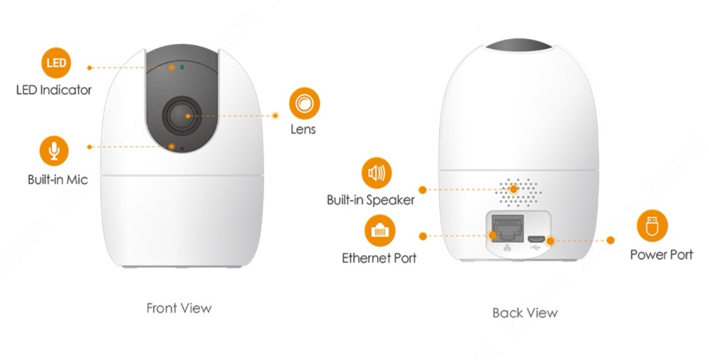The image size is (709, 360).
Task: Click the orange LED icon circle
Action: click(x=57, y=63)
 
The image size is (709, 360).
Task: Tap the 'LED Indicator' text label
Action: click(x=54, y=90)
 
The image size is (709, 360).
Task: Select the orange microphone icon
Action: click(x=54, y=151)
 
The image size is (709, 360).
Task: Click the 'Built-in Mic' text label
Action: click(x=57, y=180)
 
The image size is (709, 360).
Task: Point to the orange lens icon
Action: click(x=304, y=103)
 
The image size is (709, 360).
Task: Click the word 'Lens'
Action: click(x=303, y=130)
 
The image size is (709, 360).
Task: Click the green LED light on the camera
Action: click(x=182, y=67)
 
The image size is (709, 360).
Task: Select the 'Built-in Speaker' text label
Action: click(x=370, y=200)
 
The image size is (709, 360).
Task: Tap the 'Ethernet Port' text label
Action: click(x=379, y=258)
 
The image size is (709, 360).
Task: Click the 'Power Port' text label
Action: click(x=661, y=254)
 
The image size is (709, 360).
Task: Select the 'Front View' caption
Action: click(x=179, y=308)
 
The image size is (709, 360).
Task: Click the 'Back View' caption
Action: click(x=525, y=313)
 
